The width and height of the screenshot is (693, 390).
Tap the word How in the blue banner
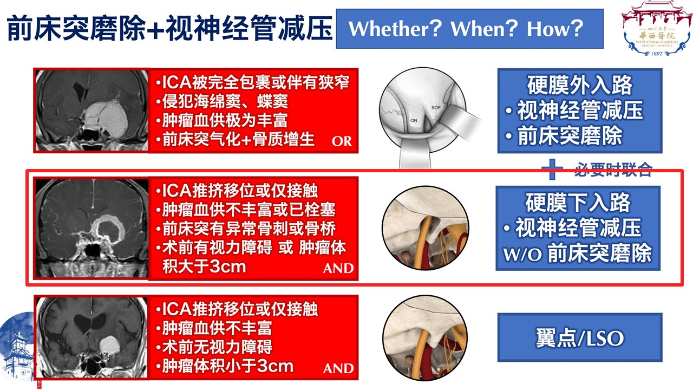point(548,29)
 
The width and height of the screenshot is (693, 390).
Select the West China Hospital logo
point(657,29)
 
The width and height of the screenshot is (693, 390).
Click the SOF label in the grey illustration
point(436,107)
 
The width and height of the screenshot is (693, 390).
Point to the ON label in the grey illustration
point(414,120)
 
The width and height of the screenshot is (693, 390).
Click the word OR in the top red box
point(342,141)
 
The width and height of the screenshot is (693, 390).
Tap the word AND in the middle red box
point(338,268)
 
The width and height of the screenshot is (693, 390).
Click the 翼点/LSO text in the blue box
point(580,338)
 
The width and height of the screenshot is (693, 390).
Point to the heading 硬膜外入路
point(580,85)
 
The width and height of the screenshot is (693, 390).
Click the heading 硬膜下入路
point(578,203)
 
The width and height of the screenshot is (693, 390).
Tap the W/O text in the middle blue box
point(522,255)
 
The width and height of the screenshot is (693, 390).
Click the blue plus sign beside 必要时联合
point(552,170)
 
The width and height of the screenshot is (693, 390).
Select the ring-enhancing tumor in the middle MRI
point(109,229)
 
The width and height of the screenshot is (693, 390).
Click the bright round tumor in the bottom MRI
point(110,345)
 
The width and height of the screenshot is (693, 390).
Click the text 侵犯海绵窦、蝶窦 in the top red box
point(225,101)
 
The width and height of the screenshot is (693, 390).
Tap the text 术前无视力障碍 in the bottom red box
point(217,347)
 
